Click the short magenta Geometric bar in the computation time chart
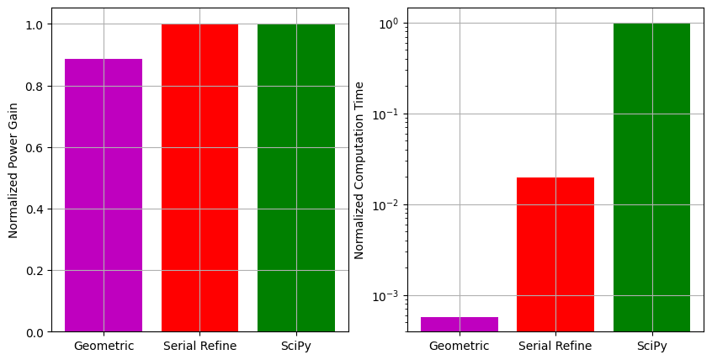460,324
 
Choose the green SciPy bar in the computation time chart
651,177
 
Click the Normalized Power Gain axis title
13,170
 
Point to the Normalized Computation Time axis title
359,170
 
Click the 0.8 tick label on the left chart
35,86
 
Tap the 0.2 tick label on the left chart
35,271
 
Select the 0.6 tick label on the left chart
35,148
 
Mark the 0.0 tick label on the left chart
35,332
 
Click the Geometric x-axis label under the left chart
104,346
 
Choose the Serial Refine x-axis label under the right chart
555,346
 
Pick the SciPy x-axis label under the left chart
296,346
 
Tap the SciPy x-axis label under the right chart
651,346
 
